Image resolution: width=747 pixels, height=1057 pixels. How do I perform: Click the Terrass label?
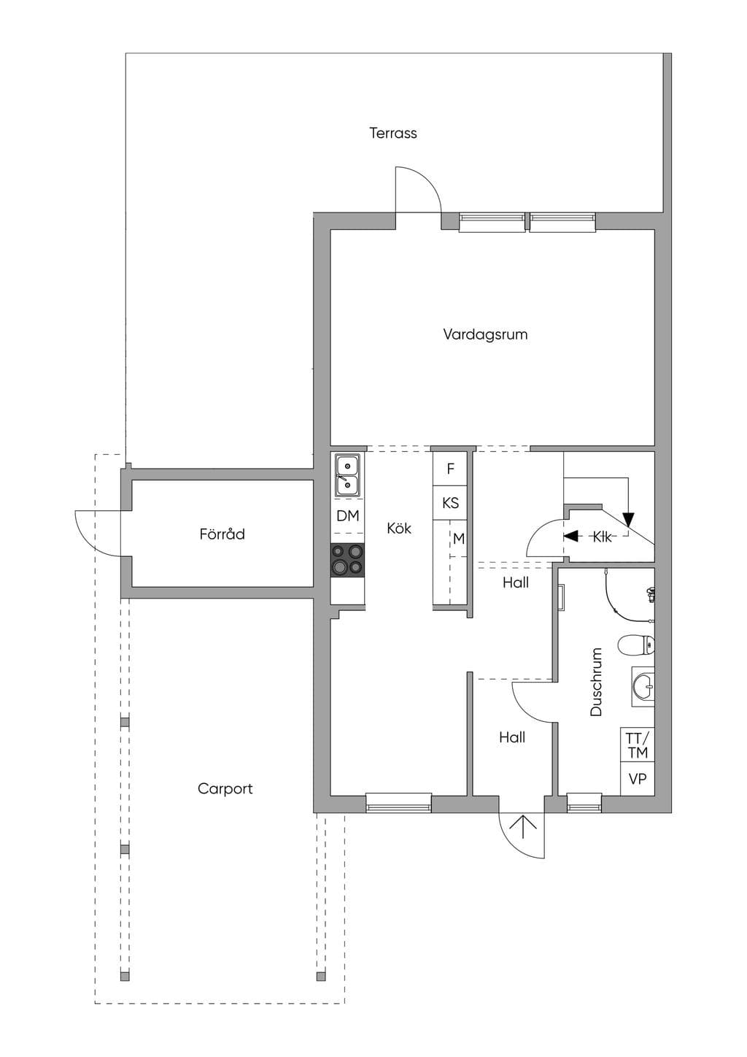click(x=393, y=133)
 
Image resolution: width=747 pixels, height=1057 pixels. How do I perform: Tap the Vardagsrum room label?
click(x=485, y=334)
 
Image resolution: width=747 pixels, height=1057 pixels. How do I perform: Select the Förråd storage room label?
click(x=222, y=534)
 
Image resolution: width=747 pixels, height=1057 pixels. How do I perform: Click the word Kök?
click(x=399, y=528)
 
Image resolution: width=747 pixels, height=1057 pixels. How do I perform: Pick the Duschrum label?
click(x=597, y=683)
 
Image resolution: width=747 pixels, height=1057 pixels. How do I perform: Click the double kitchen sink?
click(x=347, y=474)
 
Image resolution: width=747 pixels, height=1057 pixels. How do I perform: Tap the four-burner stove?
click(x=347, y=560)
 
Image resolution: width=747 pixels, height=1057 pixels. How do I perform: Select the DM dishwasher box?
click(x=347, y=516)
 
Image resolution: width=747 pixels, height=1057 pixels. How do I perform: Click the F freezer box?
click(x=450, y=469)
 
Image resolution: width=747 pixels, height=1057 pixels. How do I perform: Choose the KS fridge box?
click(x=450, y=503)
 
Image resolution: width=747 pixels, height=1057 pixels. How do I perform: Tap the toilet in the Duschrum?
click(x=635, y=645)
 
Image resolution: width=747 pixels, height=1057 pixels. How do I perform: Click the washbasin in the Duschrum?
click(x=643, y=687)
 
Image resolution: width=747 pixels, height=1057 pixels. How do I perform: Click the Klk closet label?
click(x=603, y=537)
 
